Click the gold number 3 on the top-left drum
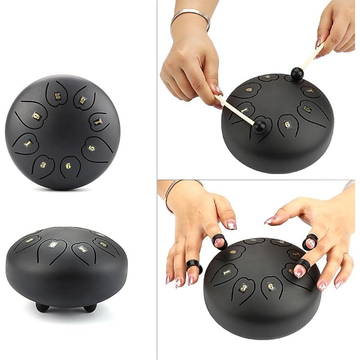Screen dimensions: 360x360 [x=43, y=165]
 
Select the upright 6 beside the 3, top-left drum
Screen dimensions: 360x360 [x=68, y=165]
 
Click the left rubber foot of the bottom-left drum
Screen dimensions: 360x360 [x=42, y=307]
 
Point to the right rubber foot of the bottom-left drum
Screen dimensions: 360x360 [x=90, y=308]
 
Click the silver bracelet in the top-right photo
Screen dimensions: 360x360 [x=191, y=17]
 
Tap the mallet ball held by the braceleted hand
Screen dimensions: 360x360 [x=259, y=126]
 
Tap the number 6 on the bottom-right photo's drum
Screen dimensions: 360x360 [x=270, y=286]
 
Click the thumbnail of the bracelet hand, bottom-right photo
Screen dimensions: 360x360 [x=231, y=224]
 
